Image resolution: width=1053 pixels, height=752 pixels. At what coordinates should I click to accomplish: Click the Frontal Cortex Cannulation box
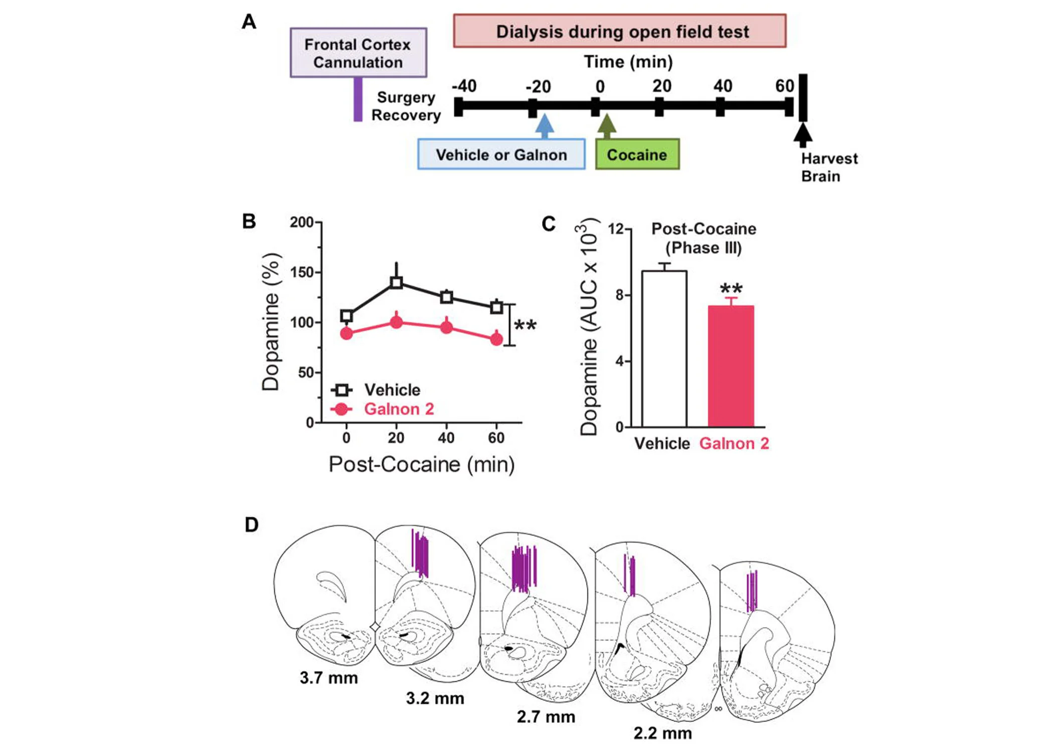pyautogui.click(x=358, y=53)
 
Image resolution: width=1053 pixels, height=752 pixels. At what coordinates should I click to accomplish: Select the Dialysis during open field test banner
pyautogui.click(x=620, y=31)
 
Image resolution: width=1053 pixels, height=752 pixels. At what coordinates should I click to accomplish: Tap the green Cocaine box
pyautogui.click(x=637, y=154)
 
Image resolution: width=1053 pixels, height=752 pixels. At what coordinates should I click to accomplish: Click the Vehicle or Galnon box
pyautogui.click(x=501, y=154)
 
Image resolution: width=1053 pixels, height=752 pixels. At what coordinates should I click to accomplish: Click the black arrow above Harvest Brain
pyautogui.click(x=802, y=134)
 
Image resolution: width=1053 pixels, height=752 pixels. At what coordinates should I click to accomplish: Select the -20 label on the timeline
pyautogui.click(x=538, y=87)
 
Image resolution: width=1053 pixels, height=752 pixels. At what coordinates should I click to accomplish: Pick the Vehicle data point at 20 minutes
pyautogui.click(x=396, y=283)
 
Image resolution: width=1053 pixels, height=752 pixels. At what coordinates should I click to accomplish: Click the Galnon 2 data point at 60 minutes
pyautogui.click(x=496, y=339)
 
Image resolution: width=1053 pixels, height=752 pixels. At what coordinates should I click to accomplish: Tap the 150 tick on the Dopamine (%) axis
pyautogui.click(x=302, y=272)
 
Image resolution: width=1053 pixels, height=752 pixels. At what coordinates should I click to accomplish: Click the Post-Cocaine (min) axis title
pyautogui.click(x=421, y=464)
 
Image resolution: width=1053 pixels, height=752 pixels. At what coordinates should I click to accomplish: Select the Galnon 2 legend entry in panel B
pyautogui.click(x=398, y=409)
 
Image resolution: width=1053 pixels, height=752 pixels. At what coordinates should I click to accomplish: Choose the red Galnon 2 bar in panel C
pyautogui.click(x=731, y=366)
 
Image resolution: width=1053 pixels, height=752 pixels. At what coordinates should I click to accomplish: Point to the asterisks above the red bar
pyautogui.click(x=731, y=289)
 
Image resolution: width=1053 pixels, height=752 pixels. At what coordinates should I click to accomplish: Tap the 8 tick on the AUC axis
pyautogui.click(x=620, y=295)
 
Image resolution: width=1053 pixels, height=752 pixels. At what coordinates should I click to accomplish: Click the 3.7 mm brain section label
pyautogui.click(x=329, y=678)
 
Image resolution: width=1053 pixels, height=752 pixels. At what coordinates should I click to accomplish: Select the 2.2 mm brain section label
pyautogui.click(x=662, y=733)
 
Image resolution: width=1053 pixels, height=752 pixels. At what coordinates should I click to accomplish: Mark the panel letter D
pyautogui.click(x=251, y=525)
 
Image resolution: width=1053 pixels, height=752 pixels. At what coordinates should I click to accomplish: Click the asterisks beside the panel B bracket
pyautogui.click(x=525, y=326)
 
